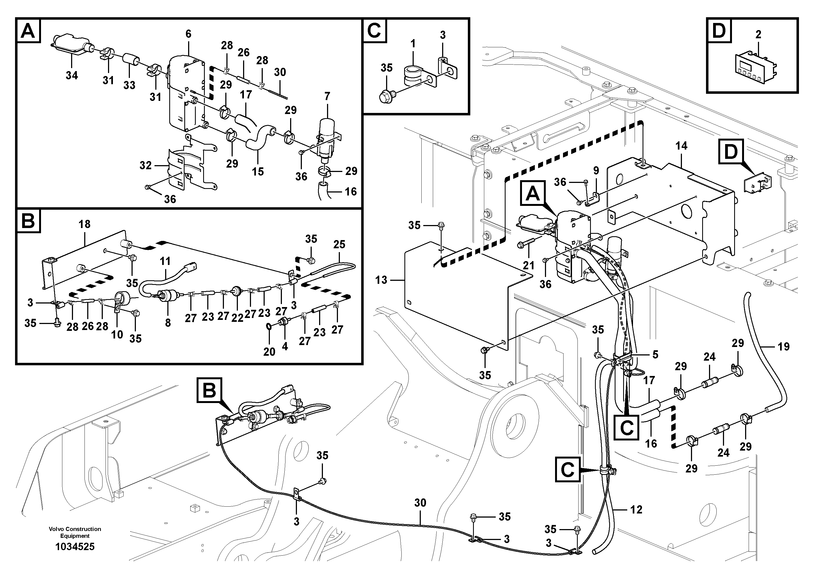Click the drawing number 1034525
[x=75, y=547]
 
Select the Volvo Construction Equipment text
[x=75, y=532]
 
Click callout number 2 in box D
[x=758, y=34]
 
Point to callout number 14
[x=681, y=146]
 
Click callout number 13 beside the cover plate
[x=381, y=280]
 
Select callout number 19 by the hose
[x=783, y=346]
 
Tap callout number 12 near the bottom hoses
[x=636, y=509]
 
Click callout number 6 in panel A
[x=188, y=34]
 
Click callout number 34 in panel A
[x=72, y=75]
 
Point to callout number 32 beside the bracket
[x=145, y=165]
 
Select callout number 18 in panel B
[x=84, y=224]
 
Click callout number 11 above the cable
[x=165, y=261]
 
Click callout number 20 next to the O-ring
[x=269, y=352]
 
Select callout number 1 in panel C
[x=413, y=44]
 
